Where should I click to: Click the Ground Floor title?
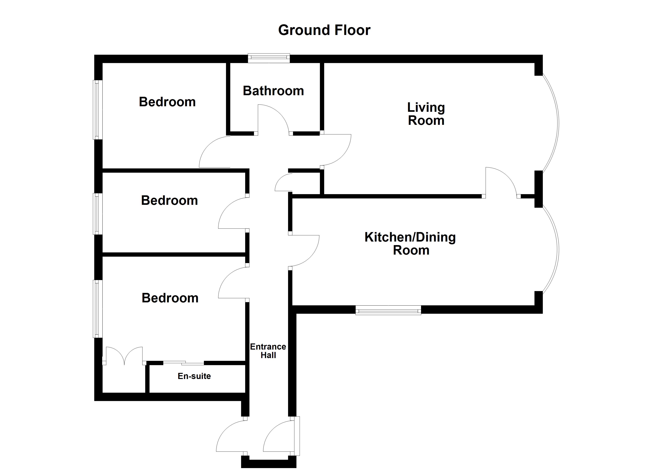[x=324, y=30]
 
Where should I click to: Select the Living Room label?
[x=426, y=114]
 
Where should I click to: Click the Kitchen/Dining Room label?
[x=410, y=244]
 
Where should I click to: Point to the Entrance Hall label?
[x=268, y=351]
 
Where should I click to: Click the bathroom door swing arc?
[x=276, y=118]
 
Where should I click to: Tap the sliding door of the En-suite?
[x=184, y=363]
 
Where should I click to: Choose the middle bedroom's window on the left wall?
[x=98, y=214]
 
